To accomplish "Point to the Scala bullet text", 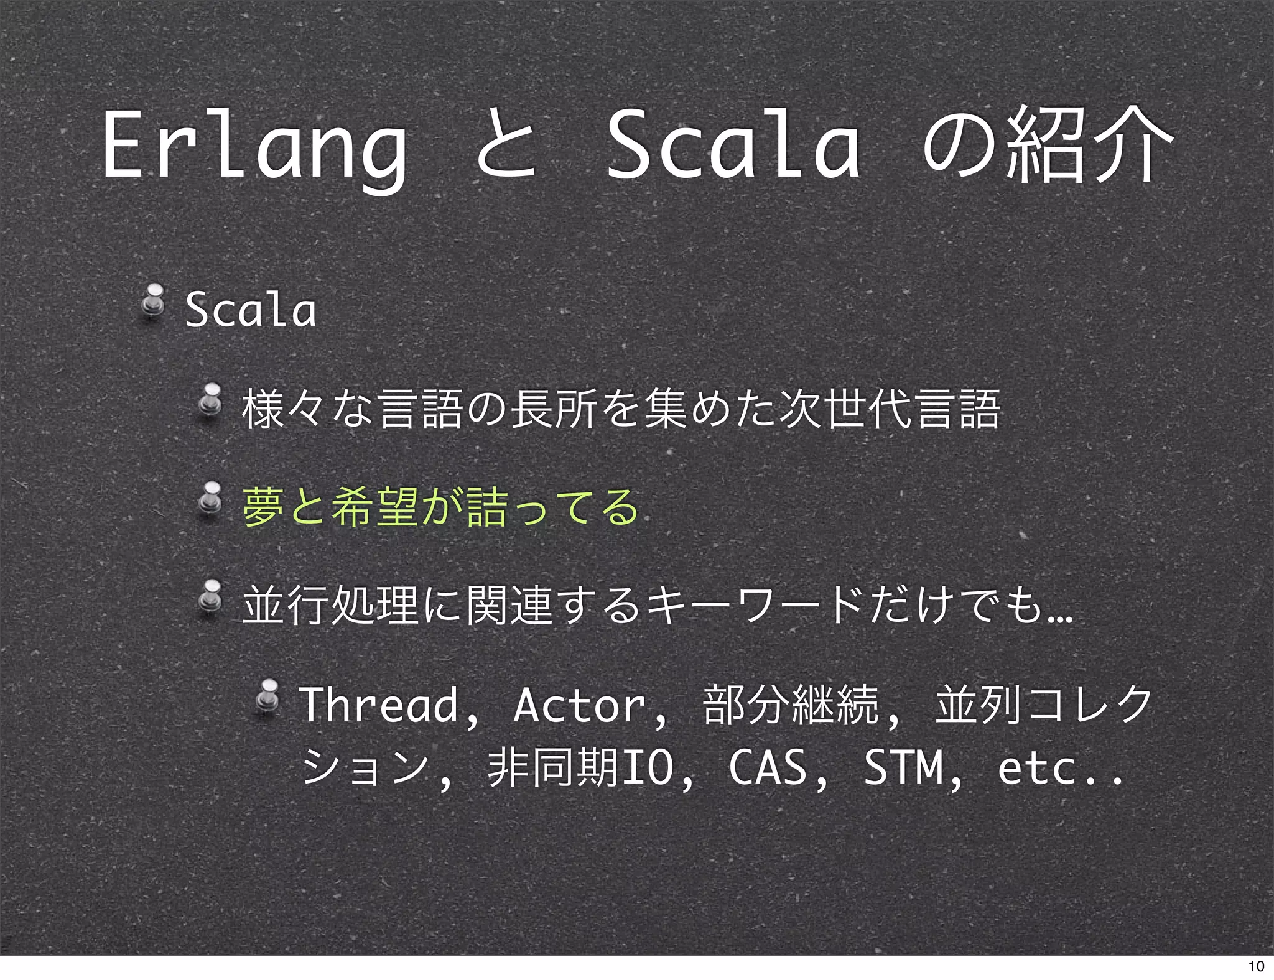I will pos(251,310).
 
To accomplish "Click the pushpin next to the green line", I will pos(211,500).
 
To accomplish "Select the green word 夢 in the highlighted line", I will pos(263,507).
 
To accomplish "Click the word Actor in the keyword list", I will pos(579,705).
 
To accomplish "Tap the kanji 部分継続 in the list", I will pos(790,705).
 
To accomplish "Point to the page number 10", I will pos(1256,966).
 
